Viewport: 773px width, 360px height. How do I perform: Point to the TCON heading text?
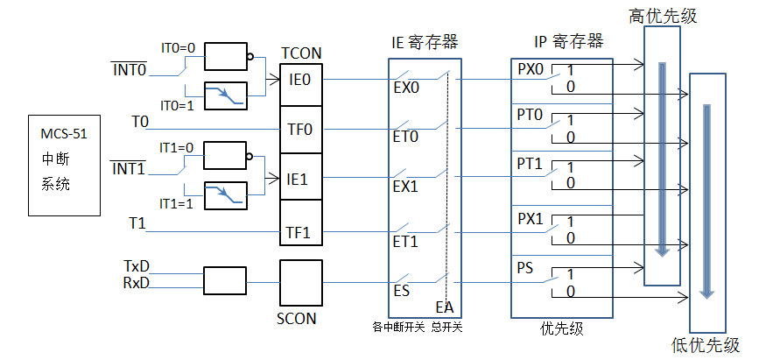(301, 53)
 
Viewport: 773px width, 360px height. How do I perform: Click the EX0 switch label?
(407, 88)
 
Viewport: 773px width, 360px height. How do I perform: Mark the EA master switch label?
(445, 307)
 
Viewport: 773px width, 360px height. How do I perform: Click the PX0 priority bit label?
(531, 69)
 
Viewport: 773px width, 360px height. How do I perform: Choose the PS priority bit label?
(525, 267)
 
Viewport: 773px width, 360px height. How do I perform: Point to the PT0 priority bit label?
(531, 115)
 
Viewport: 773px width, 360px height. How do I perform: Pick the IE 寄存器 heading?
(425, 42)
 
